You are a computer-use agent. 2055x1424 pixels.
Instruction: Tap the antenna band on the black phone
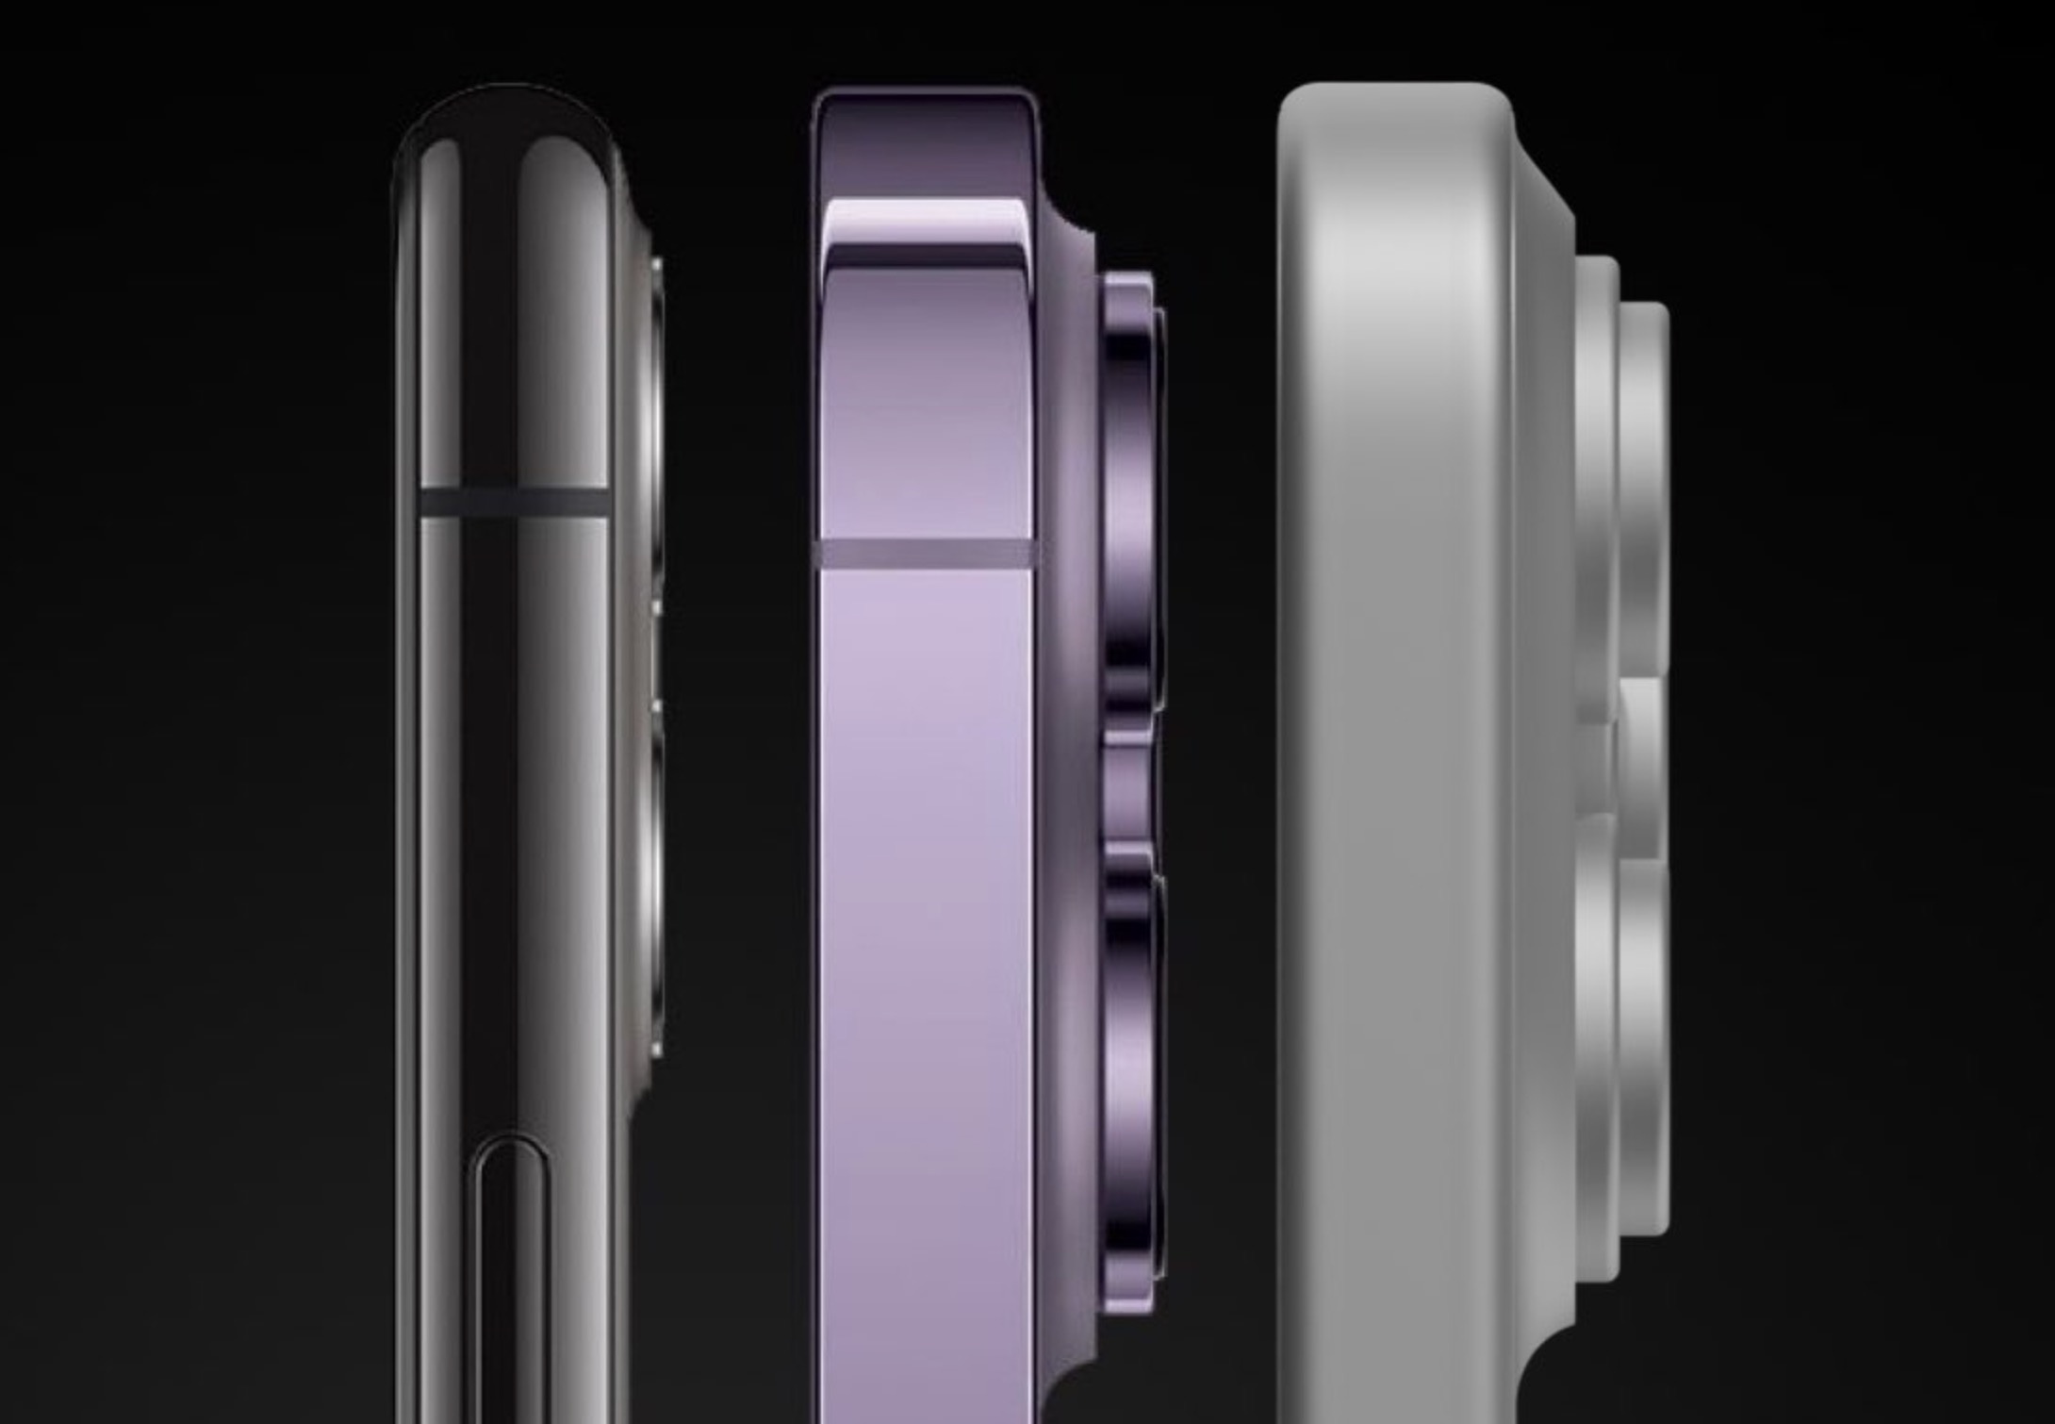pyautogui.click(x=514, y=502)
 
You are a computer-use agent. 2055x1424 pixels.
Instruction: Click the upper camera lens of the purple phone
pyautogui.click(x=1128, y=490)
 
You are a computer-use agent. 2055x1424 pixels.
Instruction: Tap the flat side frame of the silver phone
pyautogui.click(x=1395, y=754)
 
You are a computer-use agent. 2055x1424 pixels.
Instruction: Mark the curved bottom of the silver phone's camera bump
pyautogui.click(x=1546, y=1339)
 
